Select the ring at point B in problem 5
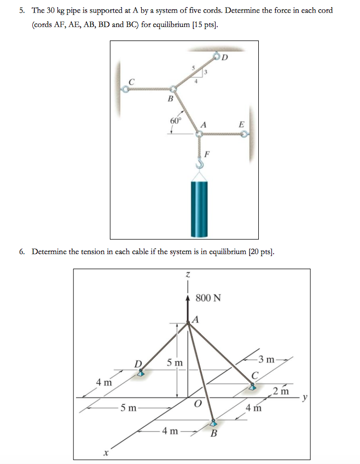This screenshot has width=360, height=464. click(x=173, y=89)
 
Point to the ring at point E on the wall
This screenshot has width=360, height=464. click(x=245, y=133)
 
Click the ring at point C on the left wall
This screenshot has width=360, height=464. click(x=125, y=89)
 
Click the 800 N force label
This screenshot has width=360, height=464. click(x=208, y=298)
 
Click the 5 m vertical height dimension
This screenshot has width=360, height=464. click(x=175, y=363)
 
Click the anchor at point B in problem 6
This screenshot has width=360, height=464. click(x=213, y=422)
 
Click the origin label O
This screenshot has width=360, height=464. click(x=198, y=404)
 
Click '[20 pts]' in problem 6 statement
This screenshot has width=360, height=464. click(x=258, y=252)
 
